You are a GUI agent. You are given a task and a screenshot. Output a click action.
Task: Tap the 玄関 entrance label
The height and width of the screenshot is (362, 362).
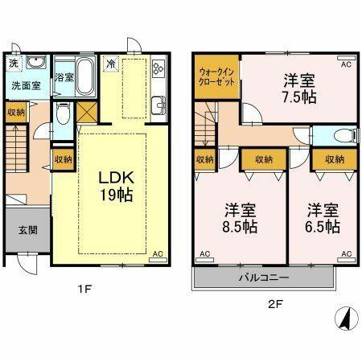point(25,228)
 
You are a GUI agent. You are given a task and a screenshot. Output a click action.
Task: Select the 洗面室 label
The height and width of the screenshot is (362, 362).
point(25,84)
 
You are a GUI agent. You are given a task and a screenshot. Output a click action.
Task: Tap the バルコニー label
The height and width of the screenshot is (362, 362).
point(263,278)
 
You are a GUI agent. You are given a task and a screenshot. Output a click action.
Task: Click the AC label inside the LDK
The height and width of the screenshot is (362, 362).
point(158,254)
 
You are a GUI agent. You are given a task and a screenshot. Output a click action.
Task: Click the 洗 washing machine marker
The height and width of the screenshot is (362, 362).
point(14,63)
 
